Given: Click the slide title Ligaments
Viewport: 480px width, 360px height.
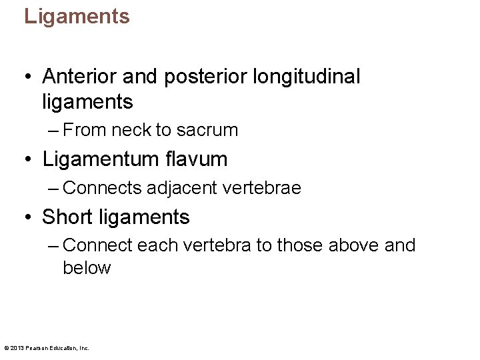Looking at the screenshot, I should point(77,16).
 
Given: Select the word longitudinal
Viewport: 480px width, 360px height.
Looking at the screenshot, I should point(307,77).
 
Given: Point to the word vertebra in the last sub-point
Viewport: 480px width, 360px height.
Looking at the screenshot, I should point(214,245).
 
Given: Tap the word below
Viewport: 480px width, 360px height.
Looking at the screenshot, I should point(87,268).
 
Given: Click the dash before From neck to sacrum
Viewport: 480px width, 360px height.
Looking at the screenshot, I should point(54,131).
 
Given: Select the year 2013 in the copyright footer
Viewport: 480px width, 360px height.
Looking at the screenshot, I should point(16,347).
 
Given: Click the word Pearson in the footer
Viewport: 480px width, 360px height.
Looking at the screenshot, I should point(35,347).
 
